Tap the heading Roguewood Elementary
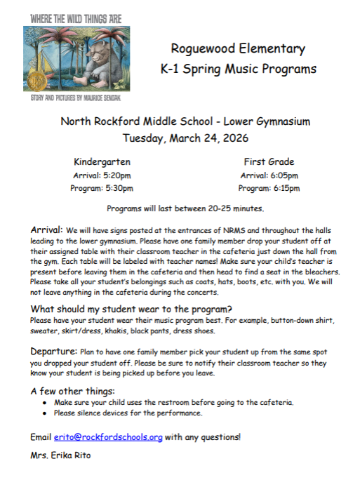(239, 49)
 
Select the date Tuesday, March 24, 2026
(185, 138)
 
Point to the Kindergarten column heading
(102, 162)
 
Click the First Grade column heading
(269, 162)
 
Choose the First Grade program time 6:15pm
(284, 189)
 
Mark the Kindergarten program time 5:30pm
(117, 189)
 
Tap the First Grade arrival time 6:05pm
(284, 175)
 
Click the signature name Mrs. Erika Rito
(60, 456)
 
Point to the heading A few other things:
(73, 391)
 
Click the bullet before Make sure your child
(45, 403)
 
